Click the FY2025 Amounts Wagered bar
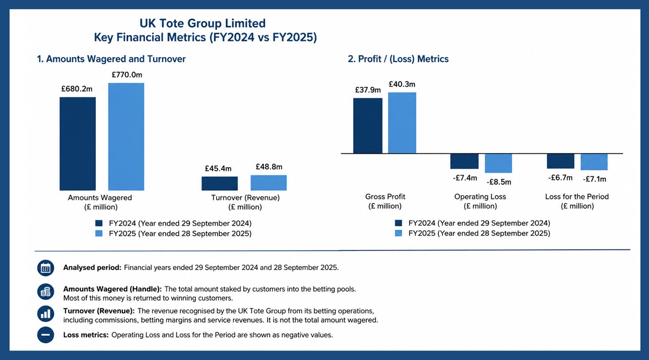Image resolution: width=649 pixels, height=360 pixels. [126, 137]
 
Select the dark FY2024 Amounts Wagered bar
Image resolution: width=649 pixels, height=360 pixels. [78, 144]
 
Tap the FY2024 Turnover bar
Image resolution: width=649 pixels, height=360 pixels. [220, 184]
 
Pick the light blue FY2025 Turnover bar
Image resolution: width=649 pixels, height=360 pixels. [269, 183]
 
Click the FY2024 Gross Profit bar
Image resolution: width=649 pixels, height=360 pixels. [368, 126]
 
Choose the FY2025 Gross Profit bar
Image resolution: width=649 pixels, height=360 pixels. [402, 123]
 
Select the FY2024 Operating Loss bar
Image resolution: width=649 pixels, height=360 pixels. [465, 162]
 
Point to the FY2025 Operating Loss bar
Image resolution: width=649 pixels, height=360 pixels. [498, 164]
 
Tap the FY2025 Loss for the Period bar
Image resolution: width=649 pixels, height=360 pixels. [594, 162]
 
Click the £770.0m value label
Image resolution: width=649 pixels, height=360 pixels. [127, 75]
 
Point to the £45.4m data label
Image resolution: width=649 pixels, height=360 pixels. [218, 168]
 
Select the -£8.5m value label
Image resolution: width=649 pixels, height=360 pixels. [499, 182]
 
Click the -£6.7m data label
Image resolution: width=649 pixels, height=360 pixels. [560, 178]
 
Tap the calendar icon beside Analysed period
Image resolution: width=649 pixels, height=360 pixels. [45, 268]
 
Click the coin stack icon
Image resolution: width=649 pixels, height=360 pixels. [45, 292]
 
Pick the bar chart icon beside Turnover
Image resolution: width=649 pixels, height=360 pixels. [45, 314]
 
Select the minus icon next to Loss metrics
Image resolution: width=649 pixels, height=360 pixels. [45, 335]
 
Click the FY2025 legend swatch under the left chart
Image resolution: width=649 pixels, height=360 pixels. [99, 233]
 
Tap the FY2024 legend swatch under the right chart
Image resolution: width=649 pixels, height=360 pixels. [398, 223]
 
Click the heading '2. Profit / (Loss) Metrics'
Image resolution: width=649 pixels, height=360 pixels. [398, 59]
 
